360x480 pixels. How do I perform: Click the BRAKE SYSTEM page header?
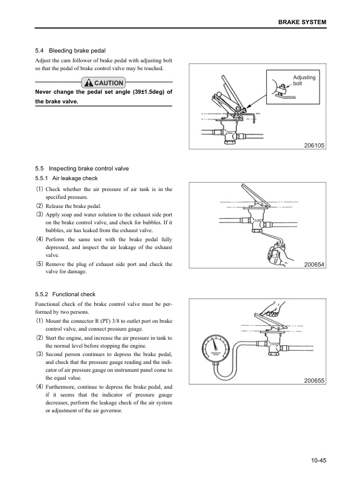302,22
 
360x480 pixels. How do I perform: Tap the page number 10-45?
319,460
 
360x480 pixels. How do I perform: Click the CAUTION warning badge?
103,83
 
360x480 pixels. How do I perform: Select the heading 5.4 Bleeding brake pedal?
70,51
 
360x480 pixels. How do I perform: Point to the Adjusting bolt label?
304,80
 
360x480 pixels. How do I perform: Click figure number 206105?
314,146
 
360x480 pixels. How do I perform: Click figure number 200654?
314,265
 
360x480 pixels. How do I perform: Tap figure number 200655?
314,380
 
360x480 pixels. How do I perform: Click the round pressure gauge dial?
216,348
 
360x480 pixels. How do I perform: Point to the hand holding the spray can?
279,254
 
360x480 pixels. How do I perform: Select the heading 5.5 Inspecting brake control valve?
82,169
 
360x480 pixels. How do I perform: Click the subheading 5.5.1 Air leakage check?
66,178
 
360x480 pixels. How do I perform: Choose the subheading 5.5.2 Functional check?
65,294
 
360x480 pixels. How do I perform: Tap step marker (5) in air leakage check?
40,264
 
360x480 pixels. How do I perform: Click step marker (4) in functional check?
40,387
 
